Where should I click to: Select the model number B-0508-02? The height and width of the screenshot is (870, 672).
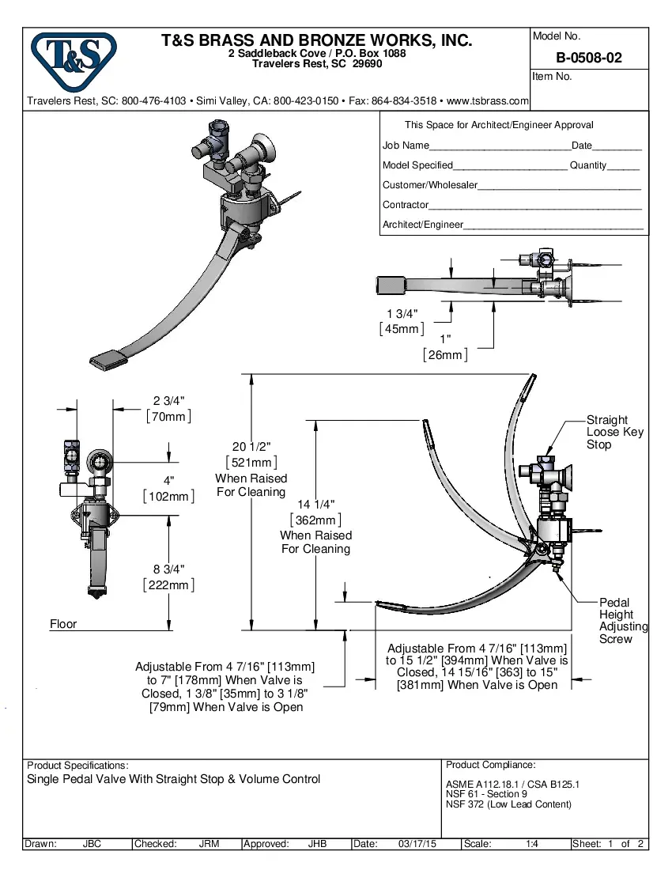589,58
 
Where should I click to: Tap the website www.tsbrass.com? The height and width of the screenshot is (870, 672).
488,101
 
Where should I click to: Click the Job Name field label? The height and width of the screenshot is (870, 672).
406,146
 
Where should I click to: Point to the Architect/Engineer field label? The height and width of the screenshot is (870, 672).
422,225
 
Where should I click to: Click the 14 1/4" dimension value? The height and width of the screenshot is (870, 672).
315,505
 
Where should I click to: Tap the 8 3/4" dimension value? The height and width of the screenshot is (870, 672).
169,569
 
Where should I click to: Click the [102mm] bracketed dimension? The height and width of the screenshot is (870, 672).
168,496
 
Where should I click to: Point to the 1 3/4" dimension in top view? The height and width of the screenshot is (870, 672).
402,313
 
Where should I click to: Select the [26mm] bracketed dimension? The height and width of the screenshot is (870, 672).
444,355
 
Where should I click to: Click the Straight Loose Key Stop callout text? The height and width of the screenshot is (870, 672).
614,432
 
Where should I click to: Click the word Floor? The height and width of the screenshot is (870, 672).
63,624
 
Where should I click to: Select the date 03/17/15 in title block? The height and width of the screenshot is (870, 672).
417,844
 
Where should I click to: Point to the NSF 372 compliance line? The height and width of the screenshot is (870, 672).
508,804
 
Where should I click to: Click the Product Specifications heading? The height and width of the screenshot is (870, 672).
77,766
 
